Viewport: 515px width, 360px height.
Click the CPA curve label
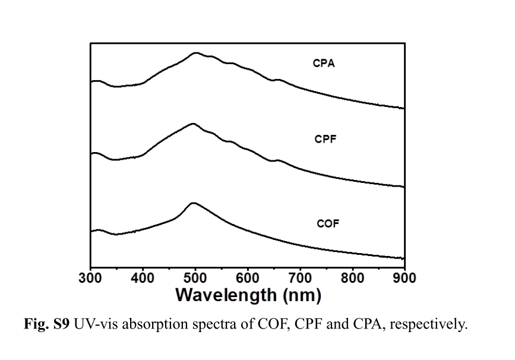coord(324,64)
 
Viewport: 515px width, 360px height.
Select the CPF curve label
coord(326,140)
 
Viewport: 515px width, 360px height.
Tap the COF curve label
coord(327,224)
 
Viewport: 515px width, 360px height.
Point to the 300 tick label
coord(91,277)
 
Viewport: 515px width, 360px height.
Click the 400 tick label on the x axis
coord(143,277)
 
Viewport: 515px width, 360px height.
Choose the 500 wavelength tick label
coord(195,277)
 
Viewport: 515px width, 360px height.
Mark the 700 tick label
coord(300,277)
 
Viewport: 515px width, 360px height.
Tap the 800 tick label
coord(352,277)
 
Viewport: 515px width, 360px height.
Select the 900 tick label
coord(404,277)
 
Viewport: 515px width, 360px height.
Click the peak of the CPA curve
coord(195,53)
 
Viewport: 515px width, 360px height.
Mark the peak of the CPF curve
coord(192,124)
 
